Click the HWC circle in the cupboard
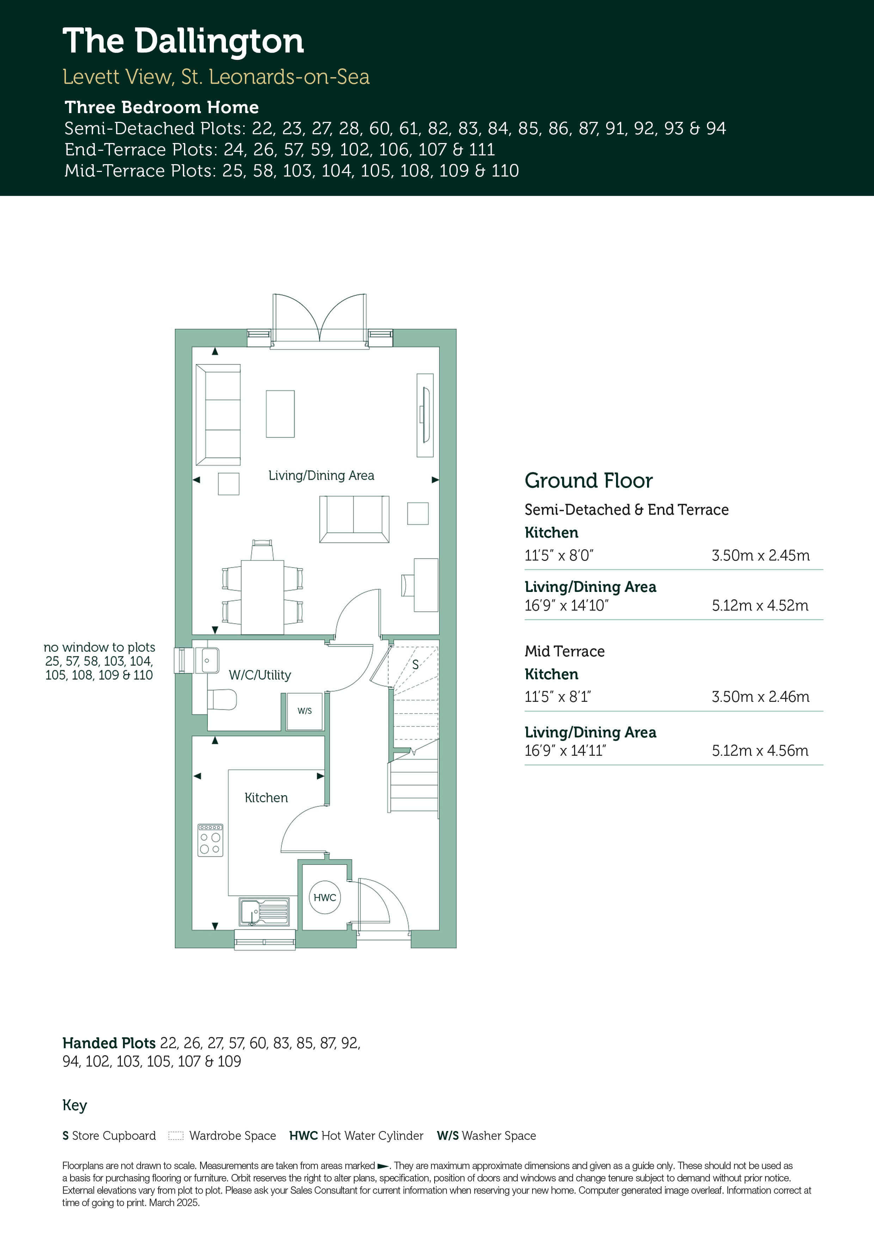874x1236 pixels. [325, 897]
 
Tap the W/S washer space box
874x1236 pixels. [305, 711]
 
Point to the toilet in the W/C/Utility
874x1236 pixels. [222, 700]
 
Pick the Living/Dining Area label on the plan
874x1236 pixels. [321, 475]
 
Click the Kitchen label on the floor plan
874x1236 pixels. [266, 797]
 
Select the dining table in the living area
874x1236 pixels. [262, 598]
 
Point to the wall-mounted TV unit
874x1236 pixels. [425, 415]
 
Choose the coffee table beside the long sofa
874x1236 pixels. [280, 413]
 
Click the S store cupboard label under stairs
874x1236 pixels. [415, 664]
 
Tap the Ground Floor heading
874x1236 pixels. [589, 480]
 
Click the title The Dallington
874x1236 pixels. [183, 42]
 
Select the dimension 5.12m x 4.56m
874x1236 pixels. [760, 750]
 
